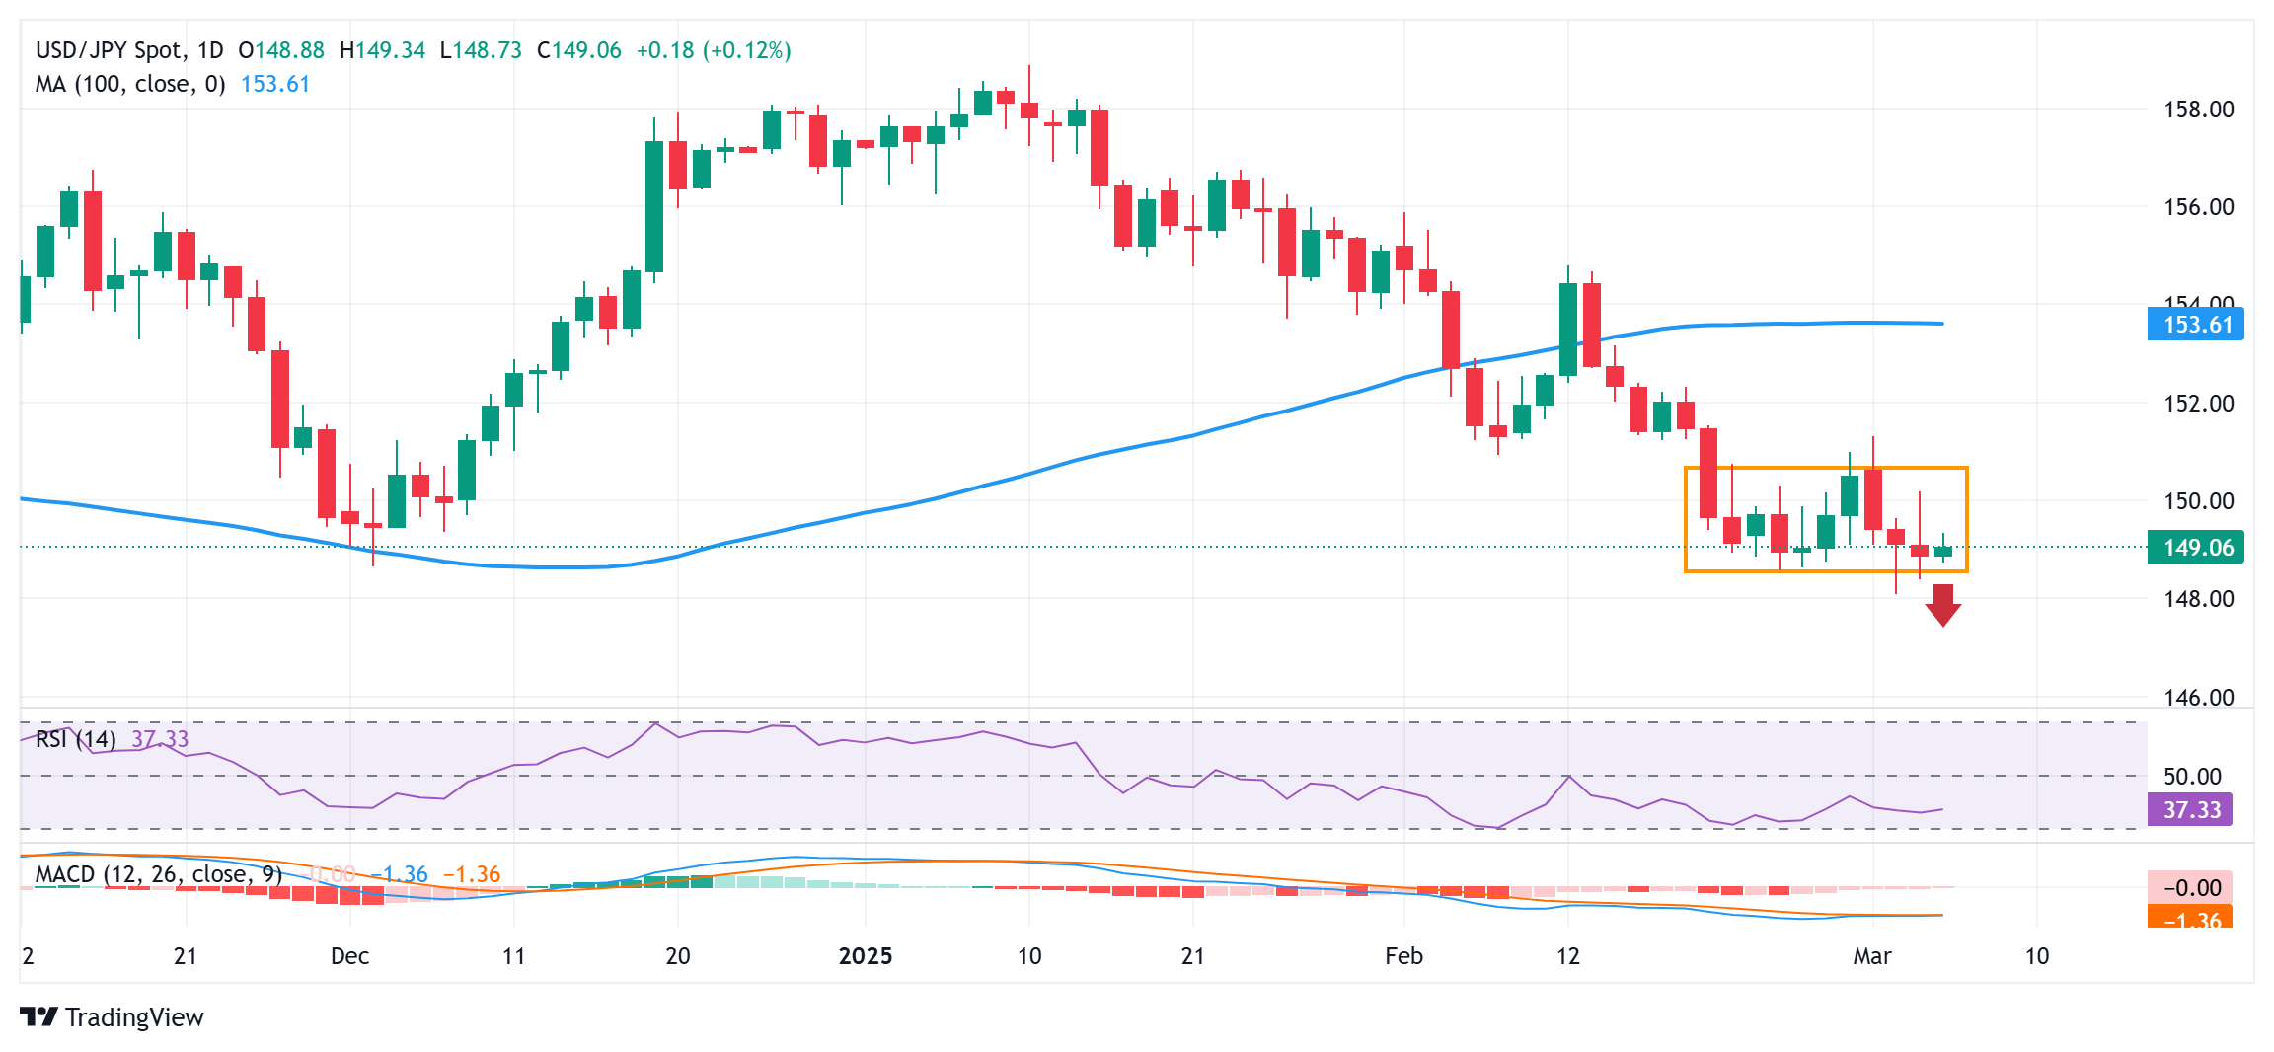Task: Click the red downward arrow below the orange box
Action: pyautogui.click(x=1942, y=605)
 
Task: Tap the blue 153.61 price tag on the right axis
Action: pyautogui.click(x=2196, y=325)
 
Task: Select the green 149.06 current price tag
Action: pyautogui.click(x=2196, y=548)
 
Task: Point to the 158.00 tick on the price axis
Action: pyautogui.click(x=2198, y=110)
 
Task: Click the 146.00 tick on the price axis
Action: pyautogui.click(x=2198, y=697)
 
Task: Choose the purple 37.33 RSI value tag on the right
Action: pyautogui.click(x=2191, y=810)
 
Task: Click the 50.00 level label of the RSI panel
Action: pyautogui.click(x=2192, y=777)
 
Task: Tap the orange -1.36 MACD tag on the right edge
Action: pyautogui.click(x=2191, y=919)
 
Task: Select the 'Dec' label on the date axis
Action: pyautogui.click(x=349, y=956)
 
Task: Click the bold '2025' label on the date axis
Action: pyautogui.click(x=865, y=956)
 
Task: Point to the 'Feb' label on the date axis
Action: pyautogui.click(x=1403, y=956)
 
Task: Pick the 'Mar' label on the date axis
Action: pyautogui.click(x=1871, y=956)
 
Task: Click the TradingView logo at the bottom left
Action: pyautogui.click(x=112, y=1017)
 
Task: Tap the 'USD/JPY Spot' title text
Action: pyautogui.click(x=109, y=50)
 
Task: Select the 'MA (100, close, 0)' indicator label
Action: pyautogui.click(x=130, y=84)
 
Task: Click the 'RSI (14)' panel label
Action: pyautogui.click(x=75, y=739)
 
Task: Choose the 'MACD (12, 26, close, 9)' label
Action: pyautogui.click(x=158, y=874)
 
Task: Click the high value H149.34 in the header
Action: pyautogui.click(x=382, y=50)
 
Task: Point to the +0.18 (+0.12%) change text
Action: pyautogui.click(x=713, y=50)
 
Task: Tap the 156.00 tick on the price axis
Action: pyautogui.click(x=2198, y=207)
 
